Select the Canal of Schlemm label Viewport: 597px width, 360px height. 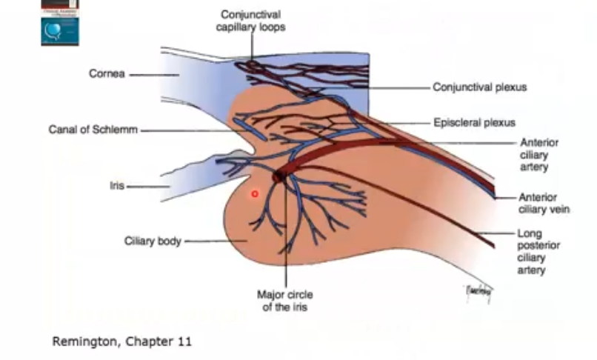pyautogui.click(x=93, y=129)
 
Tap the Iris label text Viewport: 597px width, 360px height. pyautogui.click(x=116, y=186)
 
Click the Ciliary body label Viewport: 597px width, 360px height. pyautogui.click(x=152, y=241)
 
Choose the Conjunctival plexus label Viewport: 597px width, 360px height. pyautogui.click(x=480, y=87)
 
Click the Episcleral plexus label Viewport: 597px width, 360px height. pyautogui.click(x=474, y=122)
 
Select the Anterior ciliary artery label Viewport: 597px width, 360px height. pyautogui.click(x=539, y=155)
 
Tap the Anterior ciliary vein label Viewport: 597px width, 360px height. pyautogui.click(x=544, y=203)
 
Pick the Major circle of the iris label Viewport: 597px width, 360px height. pyautogui.click(x=285, y=300)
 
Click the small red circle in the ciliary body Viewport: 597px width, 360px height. pyautogui.click(x=254, y=194)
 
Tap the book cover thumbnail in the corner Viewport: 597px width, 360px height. pyautogui.click(x=60, y=22)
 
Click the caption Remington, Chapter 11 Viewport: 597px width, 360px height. pyautogui.click(x=121, y=341)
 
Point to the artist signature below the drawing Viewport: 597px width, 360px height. pyautogui.click(x=477, y=292)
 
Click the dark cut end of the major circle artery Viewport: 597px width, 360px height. pyautogui.click(x=280, y=176)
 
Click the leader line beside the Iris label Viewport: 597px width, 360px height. pyautogui.click(x=148, y=186)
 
